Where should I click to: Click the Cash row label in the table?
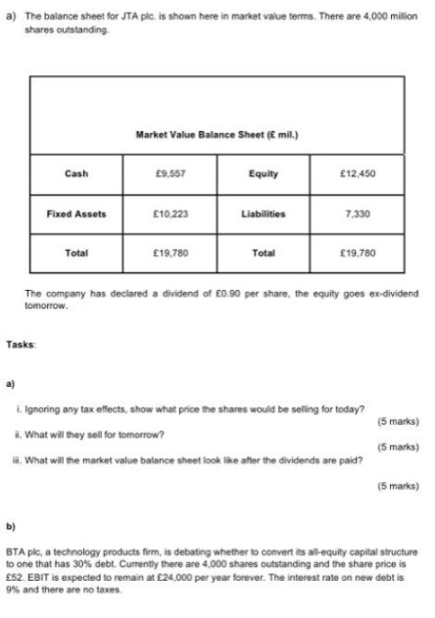(x=75, y=173)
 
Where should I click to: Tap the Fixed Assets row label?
(x=75, y=213)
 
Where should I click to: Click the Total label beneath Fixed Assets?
(x=75, y=252)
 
